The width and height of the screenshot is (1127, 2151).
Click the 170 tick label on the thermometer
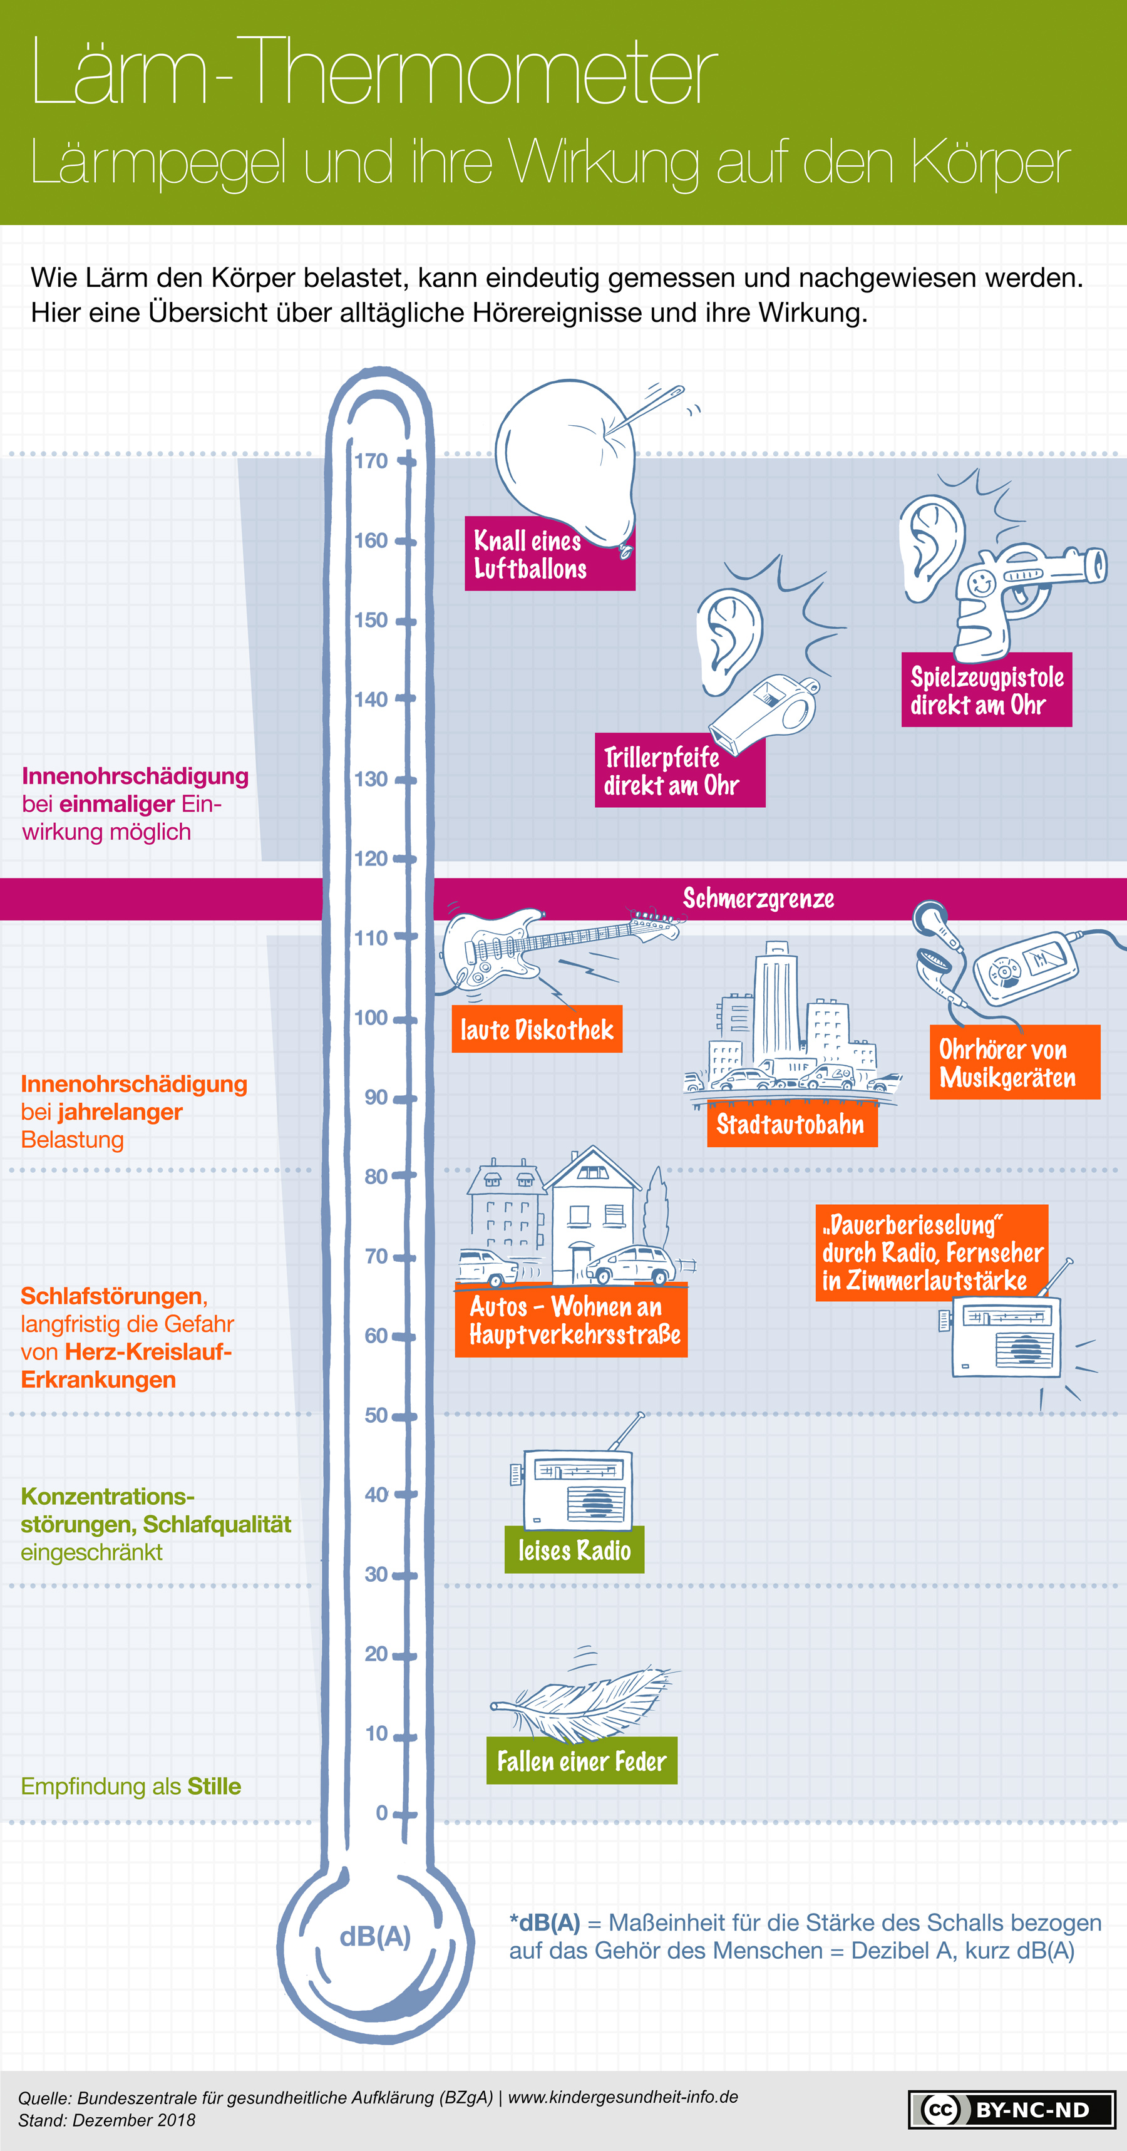(x=371, y=461)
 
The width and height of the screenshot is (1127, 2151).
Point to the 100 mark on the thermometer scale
(x=371, y=1018)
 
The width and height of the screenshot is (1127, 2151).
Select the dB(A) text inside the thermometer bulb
(x=375, y=1936)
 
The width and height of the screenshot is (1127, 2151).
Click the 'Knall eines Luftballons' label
(x=550, y=554)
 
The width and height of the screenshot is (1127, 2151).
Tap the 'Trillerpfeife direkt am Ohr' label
(x=679, y=770)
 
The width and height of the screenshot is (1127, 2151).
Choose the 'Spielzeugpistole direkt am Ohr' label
(x=987, y=689)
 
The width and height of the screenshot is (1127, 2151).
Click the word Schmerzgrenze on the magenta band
(x=758, y=899)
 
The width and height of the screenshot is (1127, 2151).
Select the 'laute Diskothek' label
(x=537, y=1029)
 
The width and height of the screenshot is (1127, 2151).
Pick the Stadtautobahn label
(x=792, y=1124)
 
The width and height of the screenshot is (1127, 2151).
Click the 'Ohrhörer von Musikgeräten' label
(x=1015, y=1062)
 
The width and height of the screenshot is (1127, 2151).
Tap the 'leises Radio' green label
(x=574, y=1550)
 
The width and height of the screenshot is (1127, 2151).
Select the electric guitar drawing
(x=559, y=947)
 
